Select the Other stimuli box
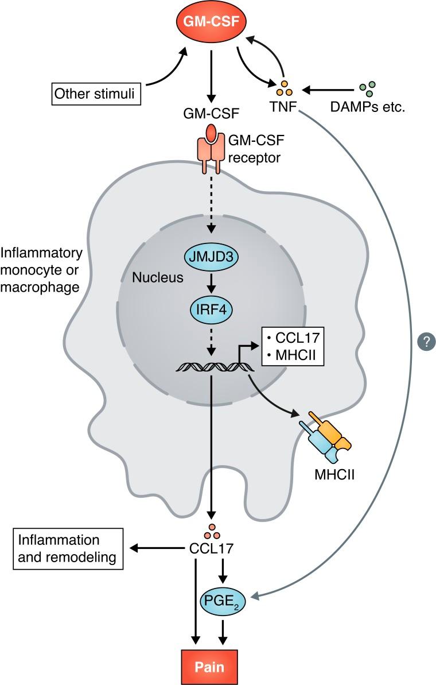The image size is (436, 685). [96, 93]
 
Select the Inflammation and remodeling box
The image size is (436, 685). [68, 549]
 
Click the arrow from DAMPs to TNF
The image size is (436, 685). [327, 90]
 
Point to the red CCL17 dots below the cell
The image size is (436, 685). [212, 531]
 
